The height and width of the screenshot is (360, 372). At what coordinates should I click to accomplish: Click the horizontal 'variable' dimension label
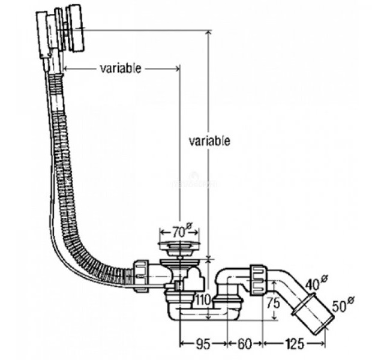(120, 68)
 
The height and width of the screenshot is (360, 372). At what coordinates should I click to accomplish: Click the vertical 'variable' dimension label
(209, 141)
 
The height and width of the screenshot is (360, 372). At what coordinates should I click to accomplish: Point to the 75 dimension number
(273, 303)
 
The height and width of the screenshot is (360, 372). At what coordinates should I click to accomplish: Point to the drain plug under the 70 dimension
(180, 245)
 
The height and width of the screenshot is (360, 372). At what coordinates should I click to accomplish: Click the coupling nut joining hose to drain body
(140, 275)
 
